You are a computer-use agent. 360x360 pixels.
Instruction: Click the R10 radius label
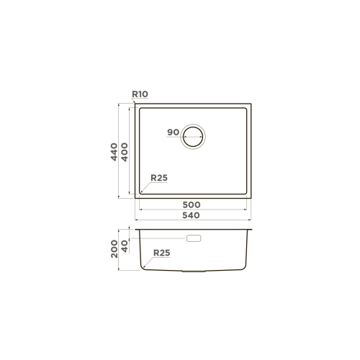click(x=140, y=94)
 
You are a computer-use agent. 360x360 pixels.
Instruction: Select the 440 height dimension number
click(x=114, y=153)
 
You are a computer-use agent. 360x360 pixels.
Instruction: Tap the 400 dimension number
click(x=125, y=153)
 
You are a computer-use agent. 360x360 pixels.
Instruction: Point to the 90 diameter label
click(x=173, y=132)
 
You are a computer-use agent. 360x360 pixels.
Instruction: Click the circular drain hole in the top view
click(x=193, y=135)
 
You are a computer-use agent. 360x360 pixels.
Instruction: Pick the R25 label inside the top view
click(x=159, y=178)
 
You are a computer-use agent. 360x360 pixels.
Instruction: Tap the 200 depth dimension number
click(x=114, y=248)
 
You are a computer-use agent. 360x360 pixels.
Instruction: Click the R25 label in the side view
click(x=161, y=253)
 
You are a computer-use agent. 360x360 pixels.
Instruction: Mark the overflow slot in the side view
click(x=193, y=237)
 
